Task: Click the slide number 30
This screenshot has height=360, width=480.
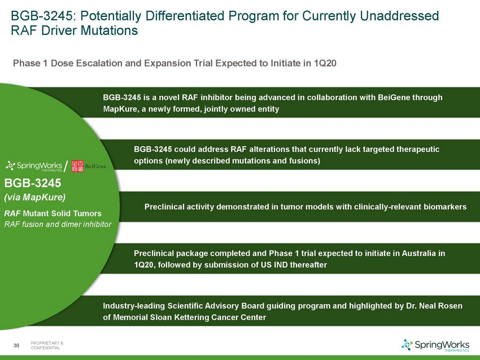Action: (16, 345)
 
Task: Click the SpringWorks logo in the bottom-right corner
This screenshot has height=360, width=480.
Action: (435, 345)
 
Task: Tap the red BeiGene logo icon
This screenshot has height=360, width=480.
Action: (77, 166)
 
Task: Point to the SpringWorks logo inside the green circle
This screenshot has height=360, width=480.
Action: (34, 166)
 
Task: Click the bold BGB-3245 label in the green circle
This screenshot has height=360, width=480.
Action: (33, 183)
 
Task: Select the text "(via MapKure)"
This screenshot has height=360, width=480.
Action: (35, 197)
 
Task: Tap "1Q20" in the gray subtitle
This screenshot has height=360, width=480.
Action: (325, 63)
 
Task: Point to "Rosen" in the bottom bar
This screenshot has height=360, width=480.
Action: (451, 306)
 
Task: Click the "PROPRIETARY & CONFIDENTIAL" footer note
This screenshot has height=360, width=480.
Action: (47, 345)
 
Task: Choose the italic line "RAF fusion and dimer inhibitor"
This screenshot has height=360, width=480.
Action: (58, 224)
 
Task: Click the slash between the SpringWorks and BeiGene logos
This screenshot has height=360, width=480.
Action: (66, 166)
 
